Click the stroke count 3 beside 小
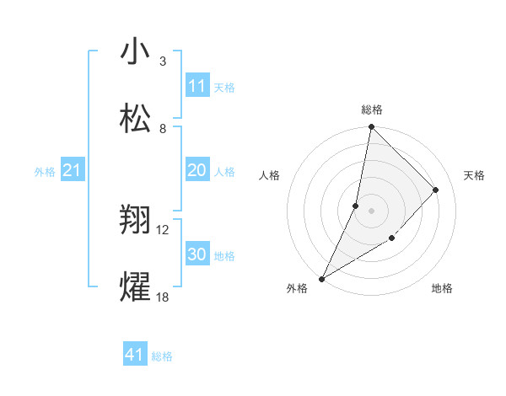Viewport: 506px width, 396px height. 163,62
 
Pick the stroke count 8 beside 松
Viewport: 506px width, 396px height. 163,129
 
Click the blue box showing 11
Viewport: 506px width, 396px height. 197,86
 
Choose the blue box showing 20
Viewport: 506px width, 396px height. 197,170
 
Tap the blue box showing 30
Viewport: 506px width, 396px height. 197,254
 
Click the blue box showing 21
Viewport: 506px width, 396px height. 73,171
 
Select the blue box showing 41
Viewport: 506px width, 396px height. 135,355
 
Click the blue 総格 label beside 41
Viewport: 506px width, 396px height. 162,356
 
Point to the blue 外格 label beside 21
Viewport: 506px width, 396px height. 45,172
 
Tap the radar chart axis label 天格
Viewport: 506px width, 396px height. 475,175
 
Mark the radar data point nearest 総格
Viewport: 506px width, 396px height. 371,127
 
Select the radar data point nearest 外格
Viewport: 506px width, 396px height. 322,278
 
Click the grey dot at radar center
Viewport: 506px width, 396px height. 371,210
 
